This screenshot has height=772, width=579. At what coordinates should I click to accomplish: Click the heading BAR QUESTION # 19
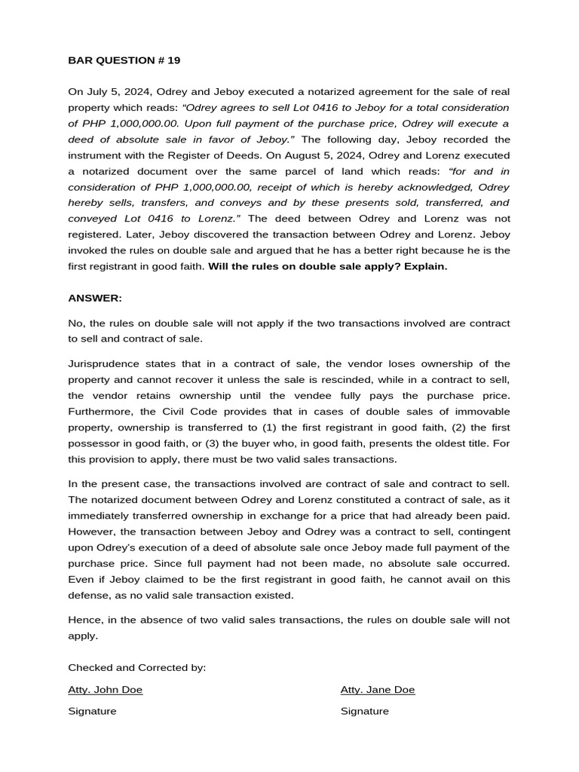click(x=124, y=60)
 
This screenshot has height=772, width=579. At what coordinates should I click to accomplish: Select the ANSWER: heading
click(x=95, y=298)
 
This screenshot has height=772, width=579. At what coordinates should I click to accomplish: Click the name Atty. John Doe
click(x=105, y=689)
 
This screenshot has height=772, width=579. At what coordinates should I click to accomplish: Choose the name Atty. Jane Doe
click(x=378, y=689)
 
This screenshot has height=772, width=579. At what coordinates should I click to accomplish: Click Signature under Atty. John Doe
click(x=92, y=711)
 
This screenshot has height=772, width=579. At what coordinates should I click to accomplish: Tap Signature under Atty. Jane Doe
click(x=365, y=711)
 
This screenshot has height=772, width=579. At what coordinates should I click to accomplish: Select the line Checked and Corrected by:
click(x=136, y=667)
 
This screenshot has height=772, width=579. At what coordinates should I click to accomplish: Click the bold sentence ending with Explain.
click(x=328, y=266)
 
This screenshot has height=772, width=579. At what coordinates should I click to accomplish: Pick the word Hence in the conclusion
click(x=84, y=620)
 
